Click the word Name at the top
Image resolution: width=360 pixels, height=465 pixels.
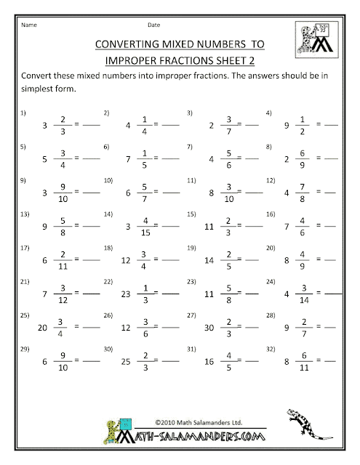point(28,22)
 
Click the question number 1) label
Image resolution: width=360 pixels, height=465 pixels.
point(23,113)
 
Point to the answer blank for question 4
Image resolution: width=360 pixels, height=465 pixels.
point(330,125)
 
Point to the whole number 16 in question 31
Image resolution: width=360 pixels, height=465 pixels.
point(209,359)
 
